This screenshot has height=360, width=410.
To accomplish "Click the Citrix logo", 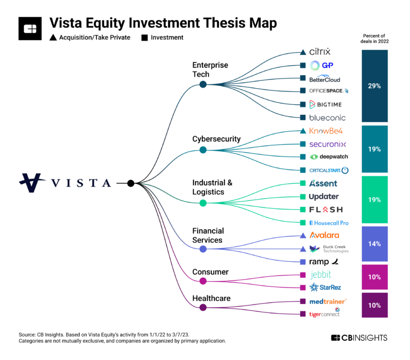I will pyautogui.click(x=320, y=52).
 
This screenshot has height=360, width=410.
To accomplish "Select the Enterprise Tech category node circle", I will pyautogui.click(x=203, y=84).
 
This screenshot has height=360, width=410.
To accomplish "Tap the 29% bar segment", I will pyautogui.click(x=374, y=85).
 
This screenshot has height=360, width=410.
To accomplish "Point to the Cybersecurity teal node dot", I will pyautogui.click(x=203, y=150).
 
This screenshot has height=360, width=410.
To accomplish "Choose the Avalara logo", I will pyautogui.click(x=324, y=235).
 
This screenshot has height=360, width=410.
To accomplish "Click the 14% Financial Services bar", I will pyautogui.click(x=374, y=244).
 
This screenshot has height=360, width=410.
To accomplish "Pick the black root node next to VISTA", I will pyautogui.click(x=131, y=183).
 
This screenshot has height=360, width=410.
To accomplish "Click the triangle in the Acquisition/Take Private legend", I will pyautogui.click(x=53, y=38).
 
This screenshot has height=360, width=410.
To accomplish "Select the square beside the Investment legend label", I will pyautogui.click(x=144, y=38).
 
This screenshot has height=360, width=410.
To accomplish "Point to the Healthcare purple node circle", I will pyautogui.click(x=203, y=307).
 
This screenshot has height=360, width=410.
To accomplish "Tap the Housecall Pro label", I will pyautogui.click(x=329, y=222).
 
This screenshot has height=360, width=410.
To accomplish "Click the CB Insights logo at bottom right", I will pyautogui.click(x=359, y=338).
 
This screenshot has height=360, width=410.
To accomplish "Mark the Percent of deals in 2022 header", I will pyautogui.click(x=374, y=41).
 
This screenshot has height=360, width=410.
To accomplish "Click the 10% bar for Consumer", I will pyautogui.click(x=374, y=277).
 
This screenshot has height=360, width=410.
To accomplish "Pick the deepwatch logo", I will pyautogui.click(x=329, y=157).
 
